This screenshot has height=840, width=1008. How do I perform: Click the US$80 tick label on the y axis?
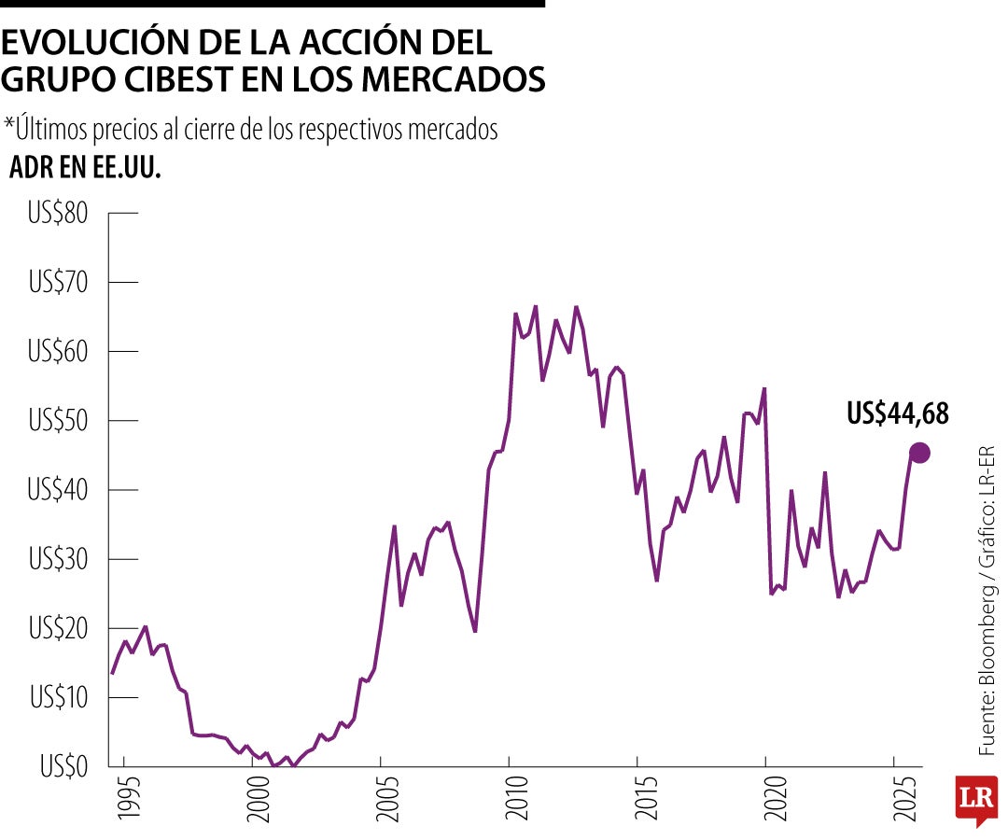(x=58, y=214)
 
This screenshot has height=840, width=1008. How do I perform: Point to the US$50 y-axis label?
(x=58, y=421)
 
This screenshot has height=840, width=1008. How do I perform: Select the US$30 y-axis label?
(x=58, y=559)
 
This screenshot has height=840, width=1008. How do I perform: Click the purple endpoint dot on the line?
(x=919, y=453)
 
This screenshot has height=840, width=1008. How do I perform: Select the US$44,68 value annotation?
(x=898, y=413)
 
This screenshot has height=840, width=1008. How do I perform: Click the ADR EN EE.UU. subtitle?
(x=85, y=169)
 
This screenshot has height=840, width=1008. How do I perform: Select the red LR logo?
(x=976, y=800)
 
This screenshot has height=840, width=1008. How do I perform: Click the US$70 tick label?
(x=58, y=283)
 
